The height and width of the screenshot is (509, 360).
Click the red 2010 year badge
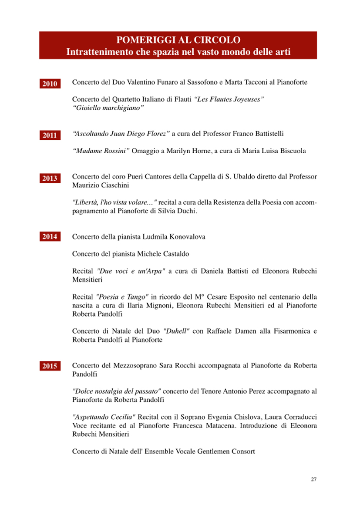[50, 84]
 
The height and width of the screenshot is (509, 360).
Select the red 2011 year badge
[50, 135]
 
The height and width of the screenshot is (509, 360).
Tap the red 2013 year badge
[50, 178]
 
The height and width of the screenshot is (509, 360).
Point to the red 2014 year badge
[50, 237]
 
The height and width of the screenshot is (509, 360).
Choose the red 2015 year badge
[50, 366]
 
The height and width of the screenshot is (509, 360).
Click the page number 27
[314, 479]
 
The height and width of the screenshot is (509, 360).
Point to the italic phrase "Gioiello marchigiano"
[108, 108]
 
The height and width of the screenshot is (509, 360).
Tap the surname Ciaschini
[114, 185]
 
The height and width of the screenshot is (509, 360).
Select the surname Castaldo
[173, 253]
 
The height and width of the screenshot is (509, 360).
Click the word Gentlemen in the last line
[213, 451]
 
